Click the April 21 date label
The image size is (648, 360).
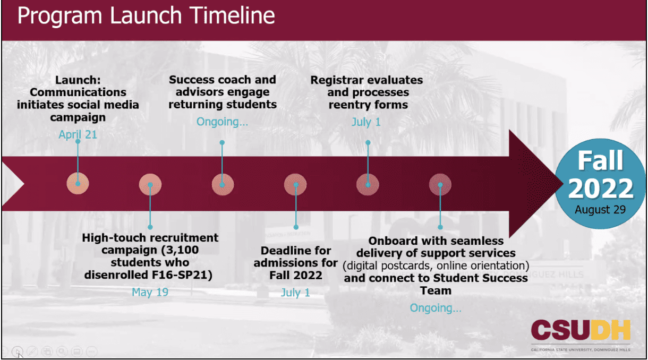tap(78, 135)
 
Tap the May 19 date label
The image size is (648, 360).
tap(150, 292)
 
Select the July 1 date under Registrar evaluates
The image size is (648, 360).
tap(366, 122)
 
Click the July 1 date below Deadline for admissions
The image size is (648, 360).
tap(295, 293)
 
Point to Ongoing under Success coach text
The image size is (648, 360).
tap(222, 122)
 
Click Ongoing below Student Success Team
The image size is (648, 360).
tap(436, 308)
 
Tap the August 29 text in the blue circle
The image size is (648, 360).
tap(600, 210)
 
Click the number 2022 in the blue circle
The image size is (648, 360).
tap(601, 188)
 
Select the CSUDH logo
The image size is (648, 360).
tap(581, 336)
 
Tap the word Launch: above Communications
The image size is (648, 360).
tap(78, 80)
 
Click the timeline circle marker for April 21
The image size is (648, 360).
tap(78, 184)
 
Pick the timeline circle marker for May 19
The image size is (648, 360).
tap(150, 184)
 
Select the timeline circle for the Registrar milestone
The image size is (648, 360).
tap(368, 184)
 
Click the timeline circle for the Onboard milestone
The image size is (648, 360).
tap(440, 184)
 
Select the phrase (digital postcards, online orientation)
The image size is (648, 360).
tap(436, 265)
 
